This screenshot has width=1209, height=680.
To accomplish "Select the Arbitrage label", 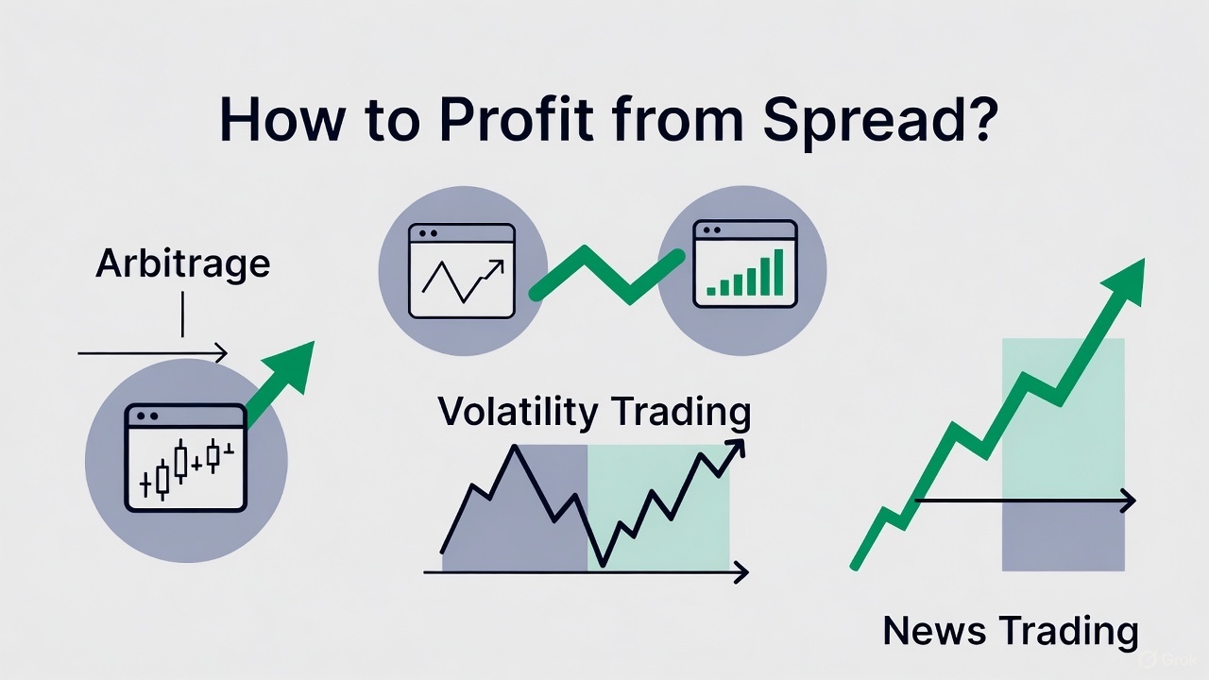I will click(x=182, y=263).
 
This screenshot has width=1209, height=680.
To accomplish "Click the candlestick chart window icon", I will click(x=185, y=457).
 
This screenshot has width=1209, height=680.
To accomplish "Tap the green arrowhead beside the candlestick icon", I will click(x=294, y=364).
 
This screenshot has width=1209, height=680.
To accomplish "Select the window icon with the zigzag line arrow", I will click(x=462, y=270).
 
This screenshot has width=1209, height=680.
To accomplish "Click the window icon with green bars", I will click(x=745, y=264).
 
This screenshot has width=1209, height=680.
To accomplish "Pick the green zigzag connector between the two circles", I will click(x=604, y=274).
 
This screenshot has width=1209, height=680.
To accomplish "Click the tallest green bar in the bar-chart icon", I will click(x=776, y=271).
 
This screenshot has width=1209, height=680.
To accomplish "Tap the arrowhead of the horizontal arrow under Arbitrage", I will click(x=221, y=354).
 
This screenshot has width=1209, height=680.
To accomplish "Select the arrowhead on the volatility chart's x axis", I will click(x=741, y=572).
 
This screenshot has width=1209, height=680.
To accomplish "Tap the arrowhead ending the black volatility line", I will click(x=737, y=447).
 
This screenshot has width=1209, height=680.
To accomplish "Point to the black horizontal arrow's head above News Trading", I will click(x=1128, y=501).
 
